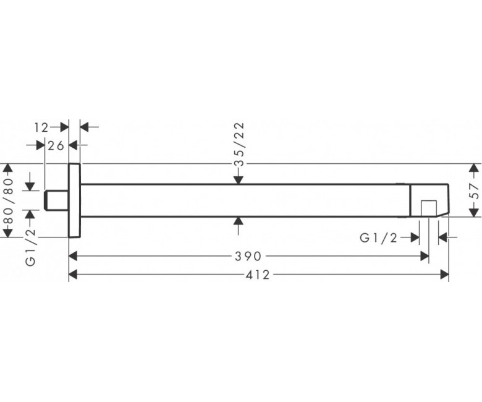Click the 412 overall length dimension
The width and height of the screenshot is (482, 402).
tap(258, 275)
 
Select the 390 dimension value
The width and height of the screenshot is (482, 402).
tap(248, 256)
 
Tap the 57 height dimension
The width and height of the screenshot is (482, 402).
tap(475, 190)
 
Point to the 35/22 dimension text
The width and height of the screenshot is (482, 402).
tap(240, 144)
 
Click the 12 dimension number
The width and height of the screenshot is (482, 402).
tap(41, 127)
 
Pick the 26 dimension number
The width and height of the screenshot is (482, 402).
tap(56, 145)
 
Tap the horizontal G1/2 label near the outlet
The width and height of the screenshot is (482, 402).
tap(379, 237)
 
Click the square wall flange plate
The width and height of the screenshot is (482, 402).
tap(74, 200)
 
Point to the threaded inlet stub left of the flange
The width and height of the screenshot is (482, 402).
tap(57, 200)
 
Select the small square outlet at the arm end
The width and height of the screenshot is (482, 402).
tap(429, 208)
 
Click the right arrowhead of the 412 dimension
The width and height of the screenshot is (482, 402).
tap(444, 275)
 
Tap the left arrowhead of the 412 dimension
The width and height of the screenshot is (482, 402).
tap(73, 275)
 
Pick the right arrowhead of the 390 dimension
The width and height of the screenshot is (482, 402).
tap(425, 256)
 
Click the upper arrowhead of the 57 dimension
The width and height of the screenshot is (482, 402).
tap(475, 168)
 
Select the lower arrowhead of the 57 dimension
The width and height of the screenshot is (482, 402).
tap(475, 212)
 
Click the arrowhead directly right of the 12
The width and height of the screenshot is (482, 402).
tap(64, 127)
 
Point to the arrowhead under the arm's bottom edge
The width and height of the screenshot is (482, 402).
tap(239, 221)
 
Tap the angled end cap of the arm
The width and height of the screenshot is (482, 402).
tap(429, 200)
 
